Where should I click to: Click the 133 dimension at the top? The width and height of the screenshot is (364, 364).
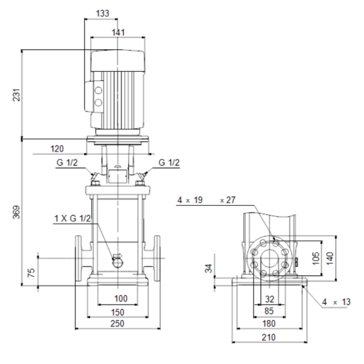click(x=103, y=14)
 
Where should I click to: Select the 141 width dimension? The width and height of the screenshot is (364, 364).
click(x=119, y=32)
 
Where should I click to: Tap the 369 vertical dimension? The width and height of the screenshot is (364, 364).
click(x=16, y=212)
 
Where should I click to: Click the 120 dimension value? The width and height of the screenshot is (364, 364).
click(x=57, y=149)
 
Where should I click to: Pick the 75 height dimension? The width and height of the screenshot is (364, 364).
click(x=31, y=271)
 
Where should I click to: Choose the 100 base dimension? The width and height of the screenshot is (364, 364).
click(x=120, y=298)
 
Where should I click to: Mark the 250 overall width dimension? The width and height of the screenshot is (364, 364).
click(x=118, y=324)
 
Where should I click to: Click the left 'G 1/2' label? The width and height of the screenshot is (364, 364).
click(x=67, y=163)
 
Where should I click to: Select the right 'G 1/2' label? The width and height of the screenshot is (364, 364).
click(x=169, y=163)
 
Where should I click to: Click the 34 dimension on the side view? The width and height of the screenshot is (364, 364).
click(x=209, y=268)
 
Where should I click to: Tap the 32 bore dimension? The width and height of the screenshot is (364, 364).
click(x=269, y=298)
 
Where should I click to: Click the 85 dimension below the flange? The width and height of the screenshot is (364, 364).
click(x=269, y=311)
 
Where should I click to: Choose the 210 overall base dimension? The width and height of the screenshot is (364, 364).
click(x=269, y=337)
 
